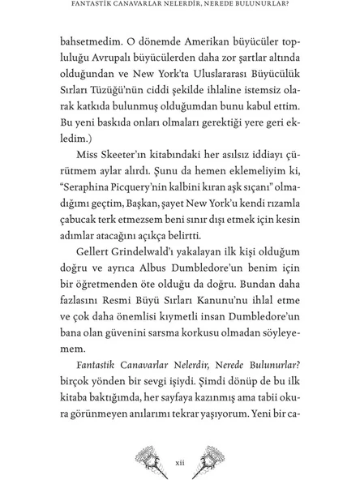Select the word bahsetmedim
pyautogui.click(x=90, y=43)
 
